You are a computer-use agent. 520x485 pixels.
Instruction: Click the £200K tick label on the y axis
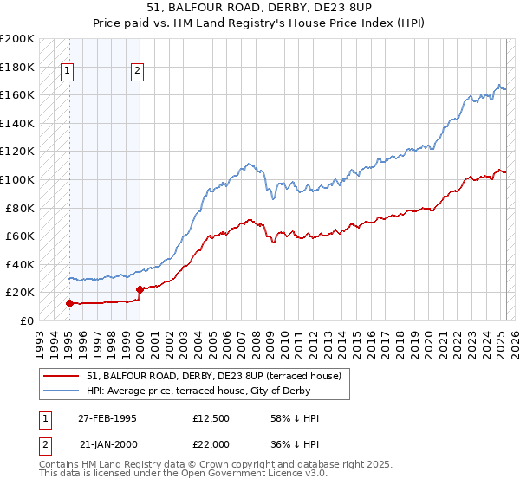tap(17, 39)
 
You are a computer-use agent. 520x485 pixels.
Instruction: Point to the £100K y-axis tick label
tap(17, 179)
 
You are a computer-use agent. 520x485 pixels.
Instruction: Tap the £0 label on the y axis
tap(26, 320)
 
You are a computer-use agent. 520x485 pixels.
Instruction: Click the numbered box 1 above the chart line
tap(68, 72)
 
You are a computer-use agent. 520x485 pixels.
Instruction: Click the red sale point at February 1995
tap(69, 303)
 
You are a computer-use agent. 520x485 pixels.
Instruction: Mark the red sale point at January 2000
tap(140, 289)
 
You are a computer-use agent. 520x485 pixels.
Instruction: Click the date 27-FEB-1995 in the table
tap(107, 418)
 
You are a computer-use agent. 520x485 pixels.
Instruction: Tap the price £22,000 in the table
tap(211, 443)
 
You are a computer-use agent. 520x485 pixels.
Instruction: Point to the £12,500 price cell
tap(211, 418)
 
